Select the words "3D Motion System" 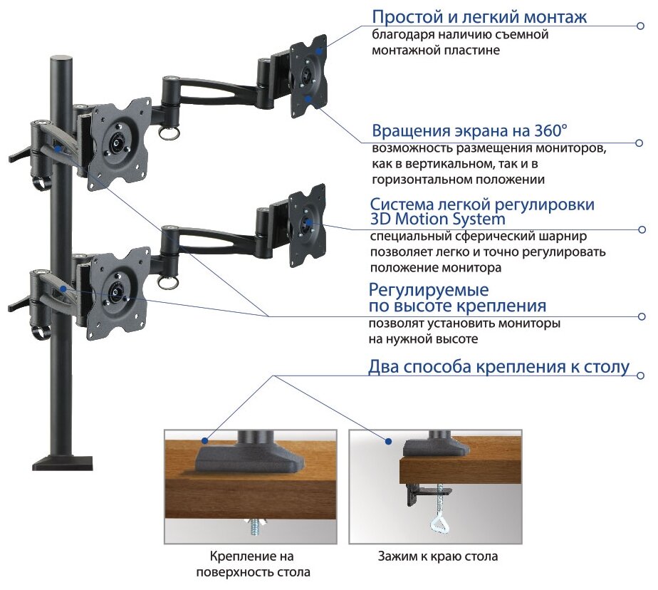[437, 219]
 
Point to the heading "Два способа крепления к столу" [498, 368]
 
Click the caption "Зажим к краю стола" [437, 557]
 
